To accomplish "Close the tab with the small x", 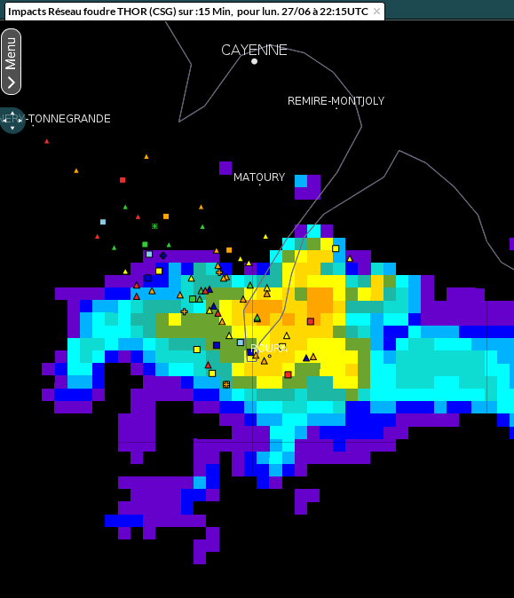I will (x=376, y=12).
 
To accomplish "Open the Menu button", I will (x=11, y=61).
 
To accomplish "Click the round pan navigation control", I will (x=12, y=120).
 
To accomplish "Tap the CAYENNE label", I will (x=254, y=50).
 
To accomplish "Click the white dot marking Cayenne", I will (x=254, y=61).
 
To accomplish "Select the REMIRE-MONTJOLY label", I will (x=336, y=101).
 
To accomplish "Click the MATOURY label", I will (x=258, y=177).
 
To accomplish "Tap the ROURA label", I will (x=268, y=348).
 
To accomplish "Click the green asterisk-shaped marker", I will (x=154, y=226).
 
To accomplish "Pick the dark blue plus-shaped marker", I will (x=162, y=256).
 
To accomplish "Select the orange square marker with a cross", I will (x=225, y=384).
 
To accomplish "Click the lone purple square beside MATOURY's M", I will (x=225, y=168).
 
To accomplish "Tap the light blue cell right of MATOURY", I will (x=301, y=181).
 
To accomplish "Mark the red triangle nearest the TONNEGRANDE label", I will (x=47, y=141).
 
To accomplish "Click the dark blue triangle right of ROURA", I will (x=306, y=358).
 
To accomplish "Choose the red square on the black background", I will (x=123, y=180).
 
